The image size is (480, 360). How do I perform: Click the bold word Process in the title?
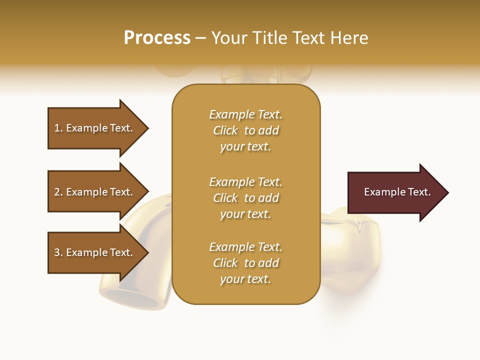coord(157,38)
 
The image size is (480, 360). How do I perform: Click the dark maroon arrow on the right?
coord(395,192)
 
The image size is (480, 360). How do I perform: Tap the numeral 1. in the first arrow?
coord(58,128)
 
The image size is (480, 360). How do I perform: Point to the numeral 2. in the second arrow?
coord(58,192)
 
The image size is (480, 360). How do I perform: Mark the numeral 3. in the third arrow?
coord(58,252)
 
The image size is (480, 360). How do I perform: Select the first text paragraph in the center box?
coord(245,130)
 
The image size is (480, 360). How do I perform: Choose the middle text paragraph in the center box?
coord(245,198)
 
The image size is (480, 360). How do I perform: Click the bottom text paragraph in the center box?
coord(245,263)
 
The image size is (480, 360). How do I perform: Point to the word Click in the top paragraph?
coord(225,130)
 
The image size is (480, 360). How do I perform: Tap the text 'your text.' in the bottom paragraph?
coord(245,279)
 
